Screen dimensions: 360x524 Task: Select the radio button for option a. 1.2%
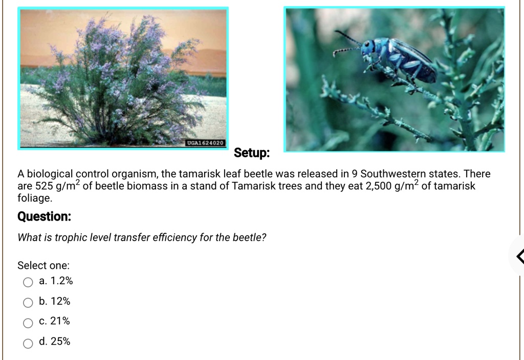pyautogui.click(x=28, y=282)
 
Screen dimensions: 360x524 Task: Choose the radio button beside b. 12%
pyautogui.click(x=28, y=302)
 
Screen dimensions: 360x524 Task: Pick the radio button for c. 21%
pyautogui.click(x=28, y=322)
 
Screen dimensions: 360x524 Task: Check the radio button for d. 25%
pyautogui.click(x=28, y=342)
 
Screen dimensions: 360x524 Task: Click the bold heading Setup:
pyautogui.click(x=252, y=153)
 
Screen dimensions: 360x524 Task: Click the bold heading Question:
pyautogui.click(x=45, y=217)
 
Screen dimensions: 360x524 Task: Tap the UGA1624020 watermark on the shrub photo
pyautogui.click(x=205, y=142)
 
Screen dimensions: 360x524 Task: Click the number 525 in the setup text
pyautogui.click(x=42, y=186)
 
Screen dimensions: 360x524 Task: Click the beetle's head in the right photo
pyautogui.click(x=368, y=48)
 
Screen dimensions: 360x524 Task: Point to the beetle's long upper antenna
pyautogui.click(x=348, y=37)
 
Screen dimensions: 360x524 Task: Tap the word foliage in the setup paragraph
pyautogui.click(x=35, y=198)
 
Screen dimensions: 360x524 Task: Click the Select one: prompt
pyautogui.click(x=43, y=265)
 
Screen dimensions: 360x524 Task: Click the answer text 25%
pyautogui.click(x=60, y=342)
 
